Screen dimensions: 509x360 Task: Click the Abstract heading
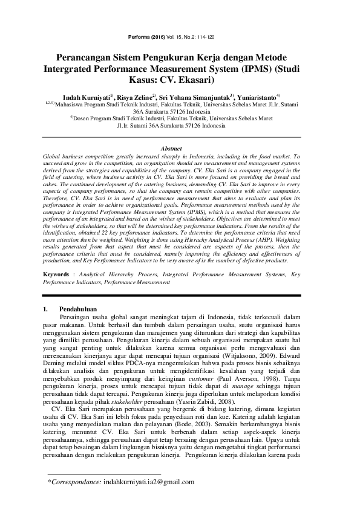click(180, 148)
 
